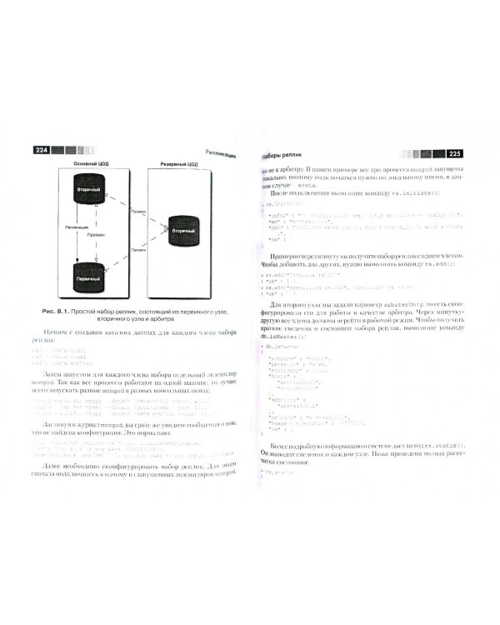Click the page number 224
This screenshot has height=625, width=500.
coord(41,150)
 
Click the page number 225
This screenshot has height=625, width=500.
coord(455,154)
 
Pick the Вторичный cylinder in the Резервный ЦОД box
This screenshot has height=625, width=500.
coord(182,232)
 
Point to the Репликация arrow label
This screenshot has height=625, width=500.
coord(77,226)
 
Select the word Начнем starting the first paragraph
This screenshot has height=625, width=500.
coord(57,333)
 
